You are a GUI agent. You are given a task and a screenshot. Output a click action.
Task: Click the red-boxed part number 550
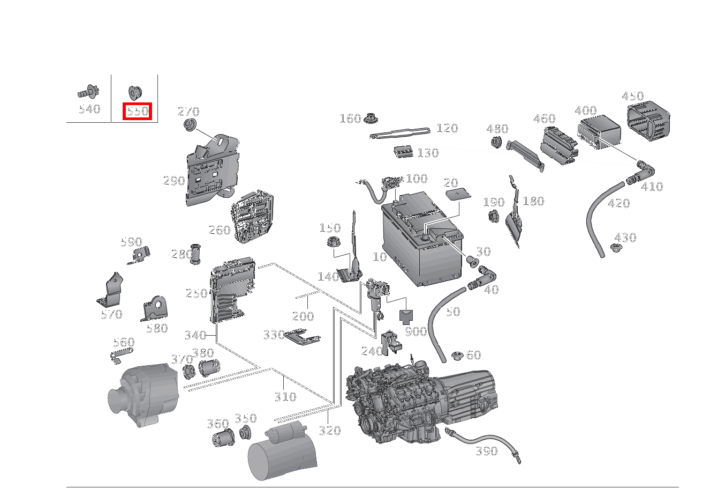coord(138,111)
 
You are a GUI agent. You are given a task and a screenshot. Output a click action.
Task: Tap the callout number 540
coord(89,109)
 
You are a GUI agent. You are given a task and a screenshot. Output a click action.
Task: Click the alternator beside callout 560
coord(143,394)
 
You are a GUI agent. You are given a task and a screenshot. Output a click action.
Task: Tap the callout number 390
coord(486,451)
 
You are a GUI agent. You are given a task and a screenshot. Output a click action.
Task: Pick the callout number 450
coord(632,97)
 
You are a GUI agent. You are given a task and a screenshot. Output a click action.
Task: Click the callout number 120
coord(447,128)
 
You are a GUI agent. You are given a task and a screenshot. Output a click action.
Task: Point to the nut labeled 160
coord(370,117)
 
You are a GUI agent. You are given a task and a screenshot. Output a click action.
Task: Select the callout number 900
coord(416,331)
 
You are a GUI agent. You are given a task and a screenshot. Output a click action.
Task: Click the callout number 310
coord(285,397)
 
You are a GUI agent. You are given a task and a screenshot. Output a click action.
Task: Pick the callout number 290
coord(173,181)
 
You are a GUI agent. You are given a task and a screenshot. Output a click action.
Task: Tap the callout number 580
coord(157,328)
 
